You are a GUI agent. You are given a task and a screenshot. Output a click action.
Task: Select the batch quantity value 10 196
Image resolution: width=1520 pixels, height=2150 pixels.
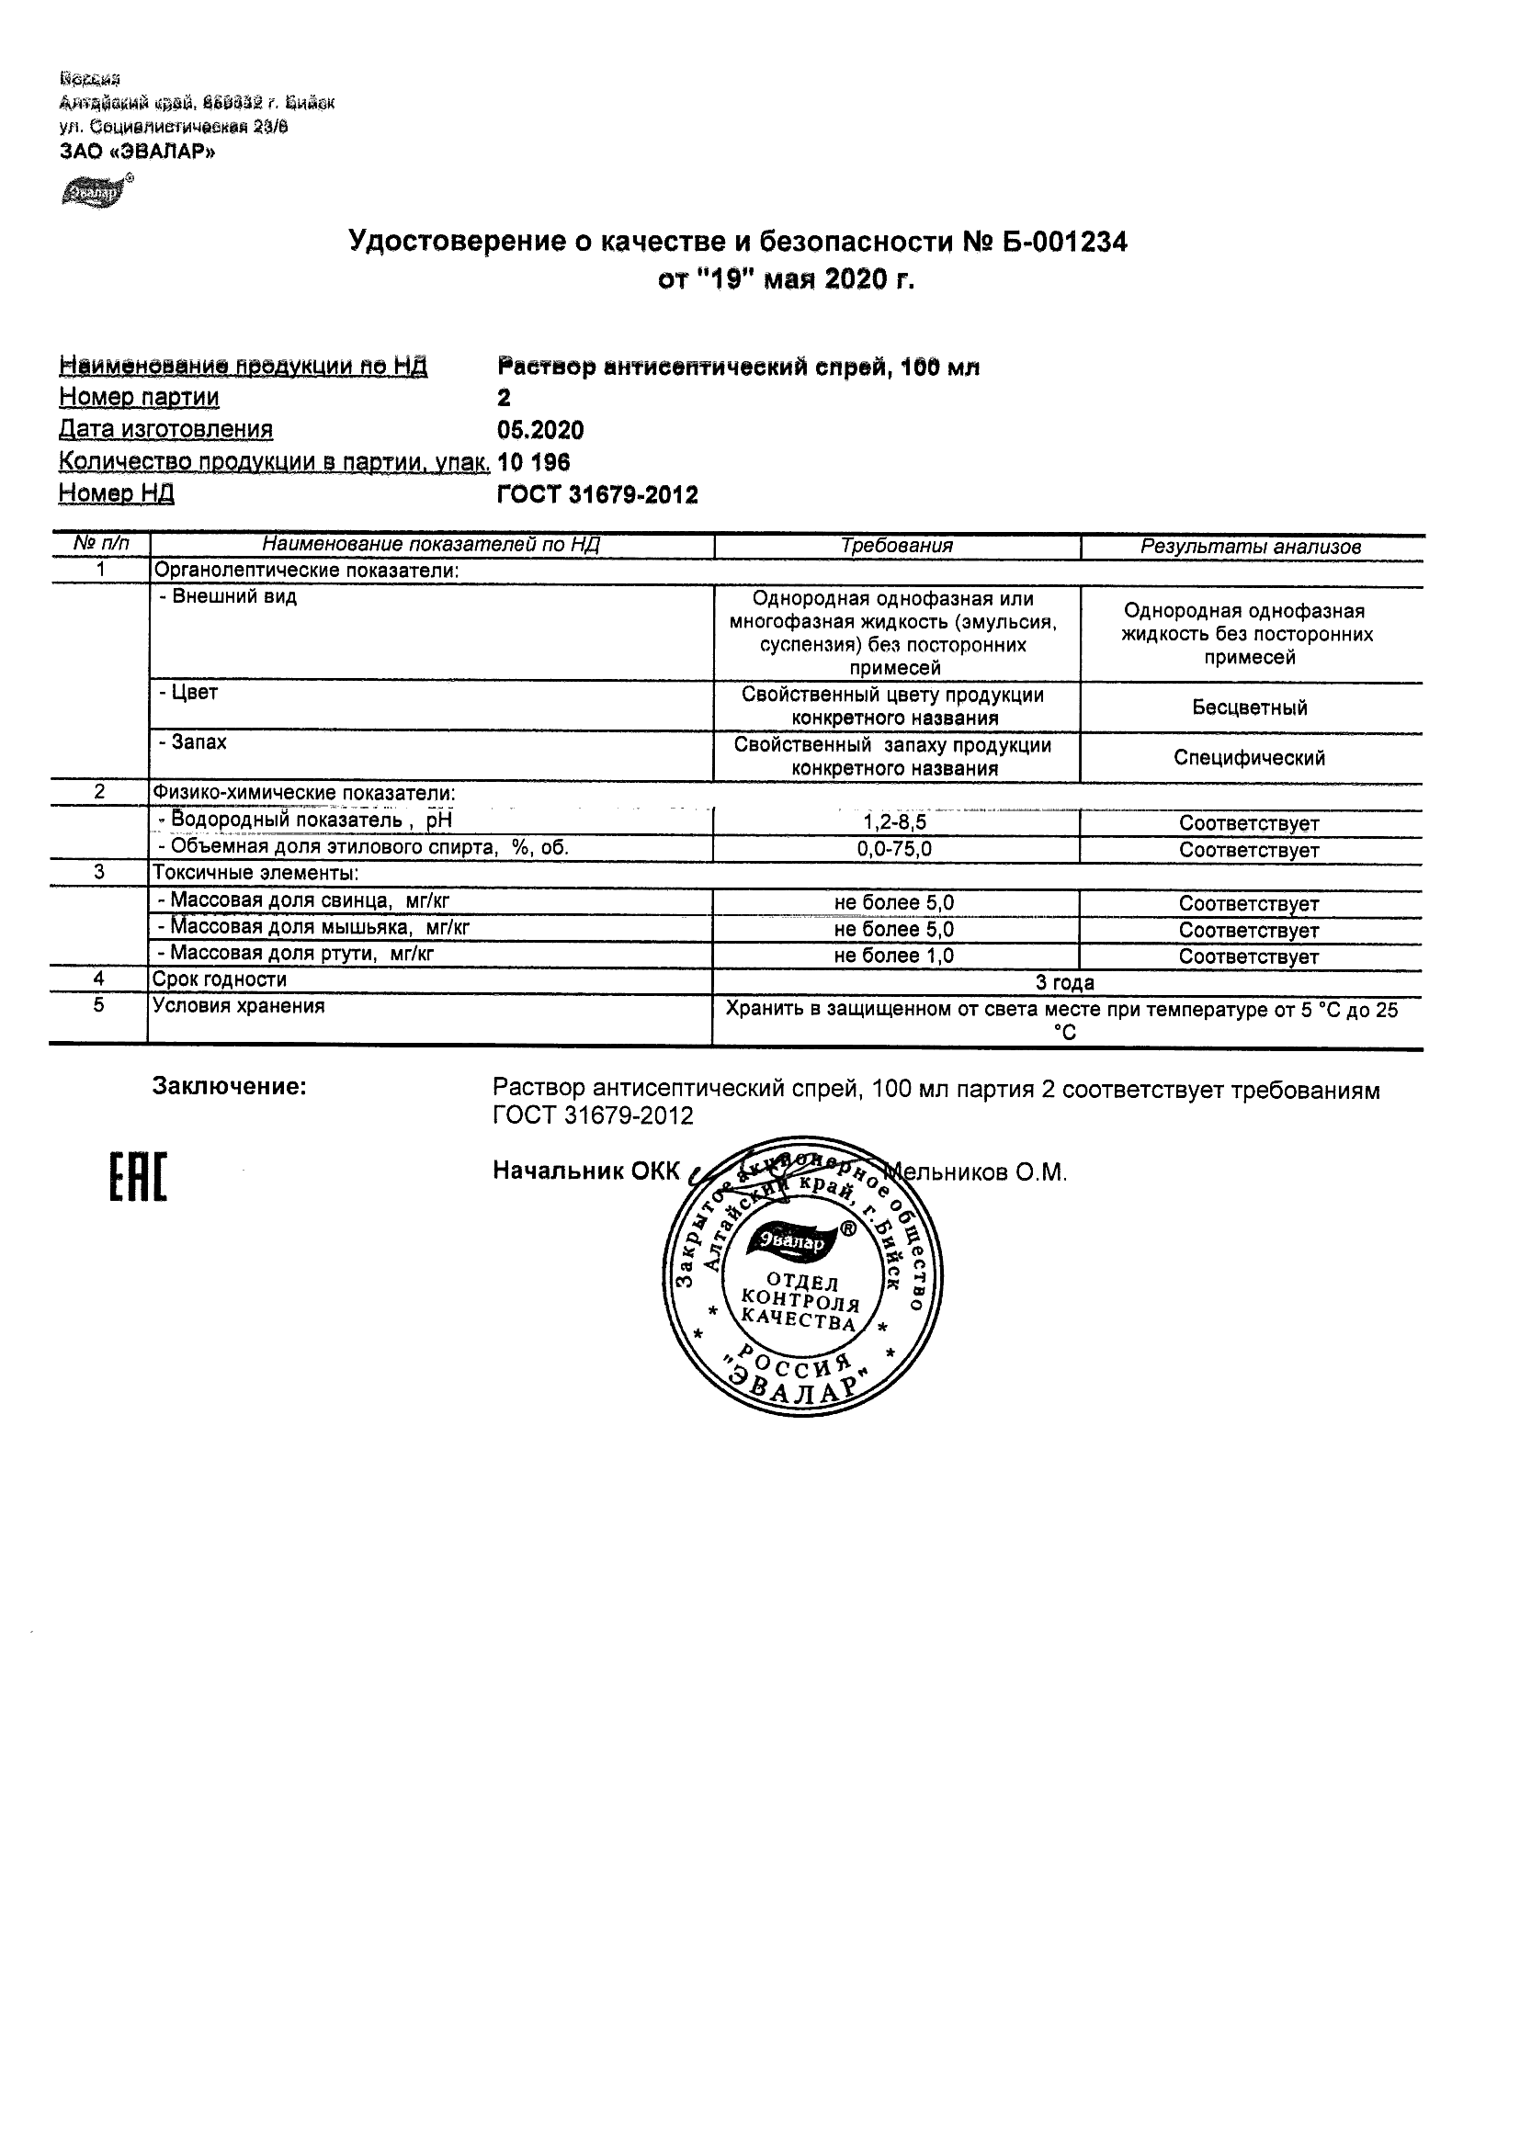(x=534, y=462)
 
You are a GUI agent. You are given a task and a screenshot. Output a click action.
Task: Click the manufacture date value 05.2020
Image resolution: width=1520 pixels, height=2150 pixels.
(x=540, y=431)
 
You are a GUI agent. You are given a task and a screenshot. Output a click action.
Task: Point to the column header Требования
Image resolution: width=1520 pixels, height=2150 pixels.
(x=896, y=546)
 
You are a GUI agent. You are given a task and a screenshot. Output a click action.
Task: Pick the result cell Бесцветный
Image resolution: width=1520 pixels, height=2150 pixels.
(x=1249, y=707)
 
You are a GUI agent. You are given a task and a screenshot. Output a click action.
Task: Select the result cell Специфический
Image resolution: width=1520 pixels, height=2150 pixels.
(x=1249, y=758)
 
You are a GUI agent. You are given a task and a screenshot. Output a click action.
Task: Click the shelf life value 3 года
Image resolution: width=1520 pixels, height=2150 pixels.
(x=1065, y=982)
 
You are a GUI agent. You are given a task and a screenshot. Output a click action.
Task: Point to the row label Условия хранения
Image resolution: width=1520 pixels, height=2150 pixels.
(x=239, y=1007)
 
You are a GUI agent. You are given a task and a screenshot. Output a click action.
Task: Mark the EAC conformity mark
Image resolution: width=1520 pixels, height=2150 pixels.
(x=138, y=1178)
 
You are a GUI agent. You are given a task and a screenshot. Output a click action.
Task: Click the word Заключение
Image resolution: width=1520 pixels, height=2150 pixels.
(x=230, y=1087)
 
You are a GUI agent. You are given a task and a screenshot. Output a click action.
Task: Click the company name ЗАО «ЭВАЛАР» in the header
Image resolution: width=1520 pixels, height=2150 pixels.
(x=137, y=152)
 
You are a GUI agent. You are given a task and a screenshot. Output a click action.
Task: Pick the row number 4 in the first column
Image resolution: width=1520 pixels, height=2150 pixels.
(x=99, y=979)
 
